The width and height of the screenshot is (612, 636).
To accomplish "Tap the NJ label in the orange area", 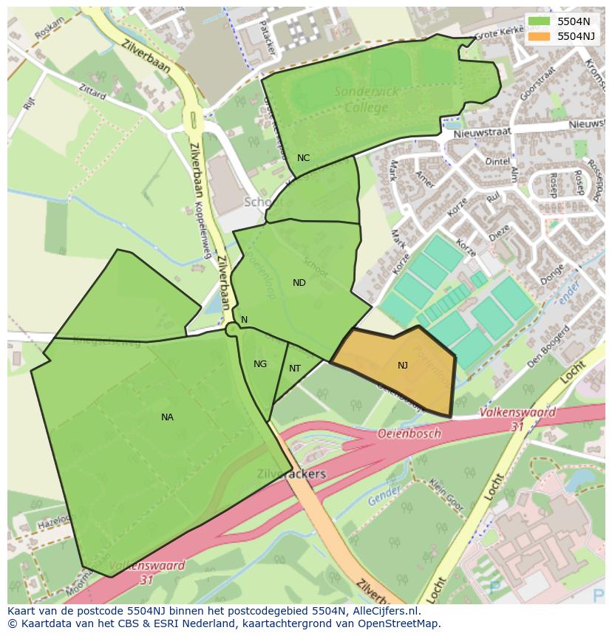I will point(403,366).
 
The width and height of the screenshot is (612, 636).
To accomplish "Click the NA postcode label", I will point(167,417).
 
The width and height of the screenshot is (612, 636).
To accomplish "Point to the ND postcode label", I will point(299,283).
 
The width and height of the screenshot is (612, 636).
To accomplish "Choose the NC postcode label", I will point(303,158).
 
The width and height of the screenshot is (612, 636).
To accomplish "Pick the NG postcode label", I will point(260,364).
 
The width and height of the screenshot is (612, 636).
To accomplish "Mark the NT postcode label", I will point(295,369).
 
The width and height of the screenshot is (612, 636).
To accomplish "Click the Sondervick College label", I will point(367,100).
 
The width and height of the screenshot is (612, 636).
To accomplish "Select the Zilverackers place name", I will point(291,473).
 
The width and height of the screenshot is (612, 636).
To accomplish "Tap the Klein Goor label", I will point(446,496).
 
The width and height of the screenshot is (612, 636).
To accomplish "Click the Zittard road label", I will point(92,91).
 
